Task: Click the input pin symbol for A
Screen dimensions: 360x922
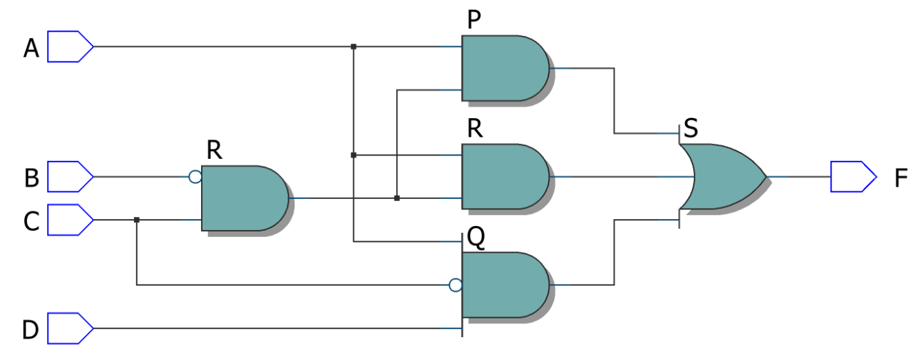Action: click(x=70, y=46)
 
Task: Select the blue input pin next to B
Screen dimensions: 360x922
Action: click(x=70, y=176)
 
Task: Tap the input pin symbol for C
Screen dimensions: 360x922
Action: click(x=70, y=220)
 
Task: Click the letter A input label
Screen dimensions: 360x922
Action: click(x=31, y=48)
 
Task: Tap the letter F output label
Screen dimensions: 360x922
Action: click(x=900, y=178)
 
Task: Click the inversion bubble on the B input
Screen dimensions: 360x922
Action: click(x=195, y=177)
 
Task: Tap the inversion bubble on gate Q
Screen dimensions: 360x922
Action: click(x=455, y=285)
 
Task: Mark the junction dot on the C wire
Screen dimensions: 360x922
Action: click(x=137, y=220)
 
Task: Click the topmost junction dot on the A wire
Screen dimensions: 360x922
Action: click(x=353, y=46)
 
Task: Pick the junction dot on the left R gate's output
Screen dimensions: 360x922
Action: click(x=397, y=198)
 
